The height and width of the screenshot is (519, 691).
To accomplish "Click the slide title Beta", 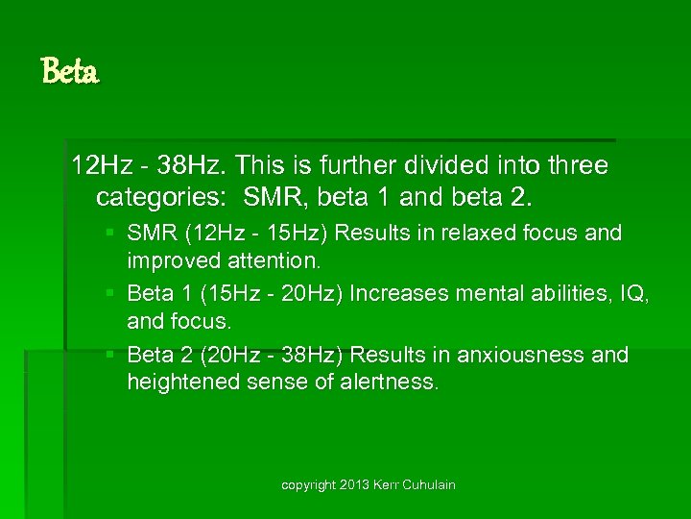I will click(70, 71).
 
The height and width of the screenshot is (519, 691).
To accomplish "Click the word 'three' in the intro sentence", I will click(577, 165).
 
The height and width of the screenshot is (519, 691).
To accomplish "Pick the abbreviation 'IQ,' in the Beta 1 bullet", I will click(632, 293).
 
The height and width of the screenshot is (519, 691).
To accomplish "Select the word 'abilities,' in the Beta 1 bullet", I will click(560, 293).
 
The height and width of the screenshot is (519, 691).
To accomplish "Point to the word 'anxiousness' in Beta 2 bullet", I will click(521, 355).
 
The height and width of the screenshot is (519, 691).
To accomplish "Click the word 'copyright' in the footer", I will click(307, 485).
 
